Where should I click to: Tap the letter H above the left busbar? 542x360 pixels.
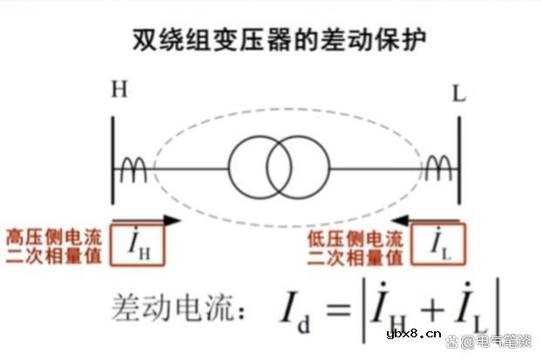(x=119, y=90)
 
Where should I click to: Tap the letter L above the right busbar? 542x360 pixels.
(x=458, y=92)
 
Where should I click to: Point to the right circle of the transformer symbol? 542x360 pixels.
(x=300, y=163)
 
